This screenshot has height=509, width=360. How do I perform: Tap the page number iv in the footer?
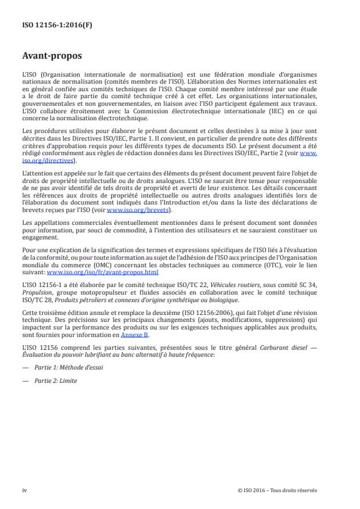click(x=24, y=490)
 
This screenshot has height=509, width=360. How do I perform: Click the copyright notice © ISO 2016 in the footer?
click(x=277, y=490)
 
